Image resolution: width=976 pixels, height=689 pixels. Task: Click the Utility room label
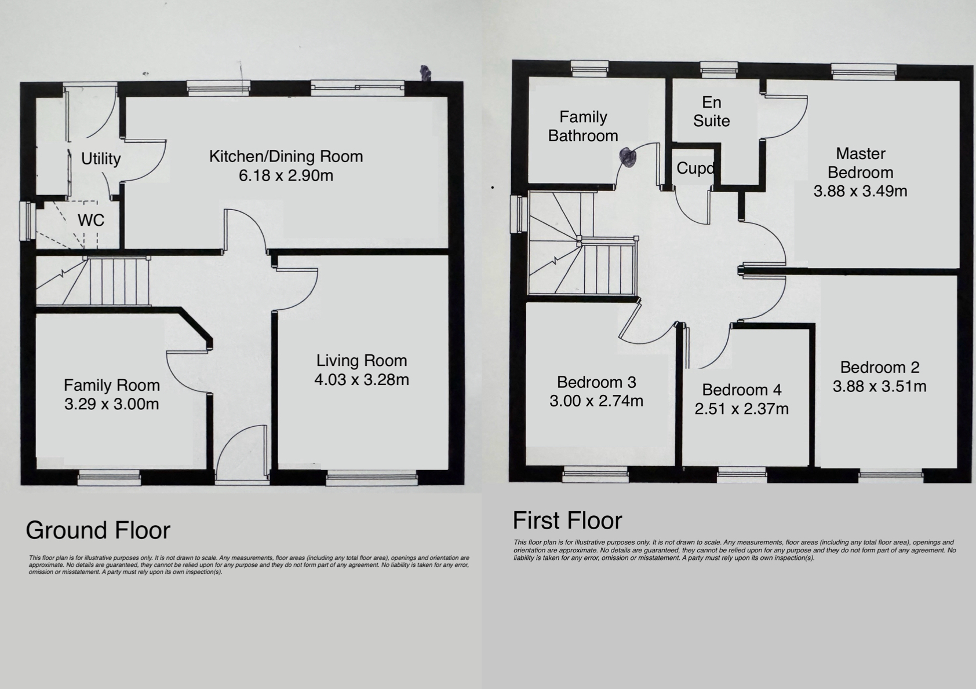pos(101,159)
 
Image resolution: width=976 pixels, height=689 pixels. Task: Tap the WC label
pos(91,220)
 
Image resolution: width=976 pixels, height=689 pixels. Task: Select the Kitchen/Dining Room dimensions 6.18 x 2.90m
pos(286,175)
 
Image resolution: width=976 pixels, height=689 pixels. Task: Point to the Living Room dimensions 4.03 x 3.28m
pos(362,380)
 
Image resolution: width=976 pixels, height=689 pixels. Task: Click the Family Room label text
pos(112,385)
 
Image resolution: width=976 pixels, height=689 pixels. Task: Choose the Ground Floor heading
pos(98,530)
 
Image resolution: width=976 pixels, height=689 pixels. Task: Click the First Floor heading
pos(567,521)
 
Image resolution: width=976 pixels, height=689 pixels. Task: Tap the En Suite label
pos(712,111)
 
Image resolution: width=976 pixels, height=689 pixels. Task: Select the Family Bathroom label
pos(583,126)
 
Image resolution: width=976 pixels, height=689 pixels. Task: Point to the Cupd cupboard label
pos(695,168)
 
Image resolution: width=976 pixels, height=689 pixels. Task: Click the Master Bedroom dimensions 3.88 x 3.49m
pos(861,191)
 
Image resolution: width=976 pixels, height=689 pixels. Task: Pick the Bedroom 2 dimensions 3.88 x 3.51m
pos(880,387)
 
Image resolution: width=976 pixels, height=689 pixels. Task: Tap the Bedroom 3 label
pos(596,382)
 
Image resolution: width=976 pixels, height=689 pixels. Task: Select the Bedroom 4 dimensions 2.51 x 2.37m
pos(742,409)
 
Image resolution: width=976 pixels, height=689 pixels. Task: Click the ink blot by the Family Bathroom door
pos(628,157)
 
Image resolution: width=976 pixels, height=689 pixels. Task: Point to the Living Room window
pos(372,478)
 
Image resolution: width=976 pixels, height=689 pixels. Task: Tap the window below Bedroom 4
pos(742,474)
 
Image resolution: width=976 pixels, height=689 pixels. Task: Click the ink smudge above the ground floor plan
pos(425,73)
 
